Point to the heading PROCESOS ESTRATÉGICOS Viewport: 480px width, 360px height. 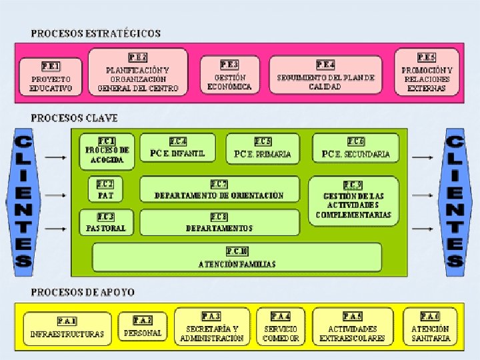[x=95, y=33]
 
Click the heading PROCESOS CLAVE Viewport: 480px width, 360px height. [x=74, y=118]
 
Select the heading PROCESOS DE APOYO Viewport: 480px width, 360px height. [x=83, y=292]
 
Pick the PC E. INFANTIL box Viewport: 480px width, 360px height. [x=177, y=148]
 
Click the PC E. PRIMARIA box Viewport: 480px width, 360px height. [x=263, y=148]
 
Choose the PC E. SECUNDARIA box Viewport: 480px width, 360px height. [x=355, y=148]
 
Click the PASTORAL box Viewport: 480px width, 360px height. [x=106, y=222]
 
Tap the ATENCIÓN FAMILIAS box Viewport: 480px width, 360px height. [x=237, y=257]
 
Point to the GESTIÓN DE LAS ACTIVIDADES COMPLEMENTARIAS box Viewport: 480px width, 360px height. [x=353, y=200]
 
